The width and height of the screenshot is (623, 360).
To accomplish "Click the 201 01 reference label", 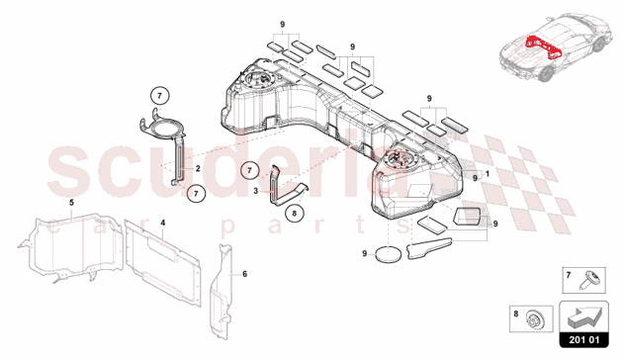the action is [x=583, y=340].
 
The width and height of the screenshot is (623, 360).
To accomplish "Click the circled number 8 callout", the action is [x=295, y=213].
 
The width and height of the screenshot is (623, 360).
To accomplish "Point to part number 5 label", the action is [x=71, y=203].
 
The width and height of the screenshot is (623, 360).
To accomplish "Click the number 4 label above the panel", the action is [x=163, y=223].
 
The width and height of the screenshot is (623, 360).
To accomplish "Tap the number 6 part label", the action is [x=245, y=274].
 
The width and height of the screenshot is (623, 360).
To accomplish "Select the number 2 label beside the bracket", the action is [x=198, y=168].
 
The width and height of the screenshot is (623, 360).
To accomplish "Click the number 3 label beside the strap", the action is [x=256, y=191].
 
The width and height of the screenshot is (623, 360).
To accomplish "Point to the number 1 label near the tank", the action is [x=488, y=174].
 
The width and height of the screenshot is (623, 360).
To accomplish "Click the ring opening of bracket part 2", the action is [x=163, y=128].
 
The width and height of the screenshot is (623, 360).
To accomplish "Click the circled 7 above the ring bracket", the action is [x=160, y=96].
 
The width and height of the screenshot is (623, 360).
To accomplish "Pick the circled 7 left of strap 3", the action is [x=249, y=171].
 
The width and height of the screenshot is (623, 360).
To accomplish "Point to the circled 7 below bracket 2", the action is [x=196, y=193].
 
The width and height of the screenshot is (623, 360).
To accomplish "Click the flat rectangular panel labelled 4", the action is [x=162, y=264].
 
